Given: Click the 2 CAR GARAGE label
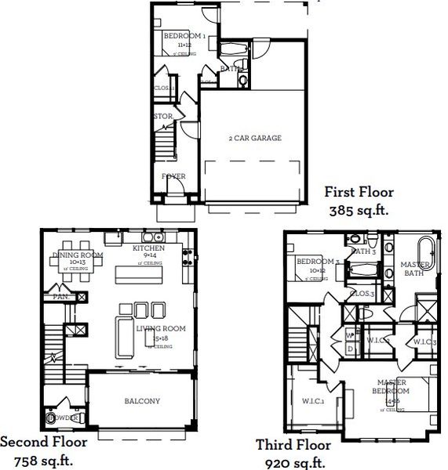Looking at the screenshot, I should [255, 139].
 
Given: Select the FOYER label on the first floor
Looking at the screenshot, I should [173, 177].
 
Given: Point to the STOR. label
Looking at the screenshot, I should [163, 117].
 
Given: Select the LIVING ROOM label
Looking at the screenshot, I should [160, 329].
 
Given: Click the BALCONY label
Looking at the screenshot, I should [142, 402].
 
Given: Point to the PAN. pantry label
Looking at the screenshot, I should [59, 298].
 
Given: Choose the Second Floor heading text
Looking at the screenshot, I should [44, 442].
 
